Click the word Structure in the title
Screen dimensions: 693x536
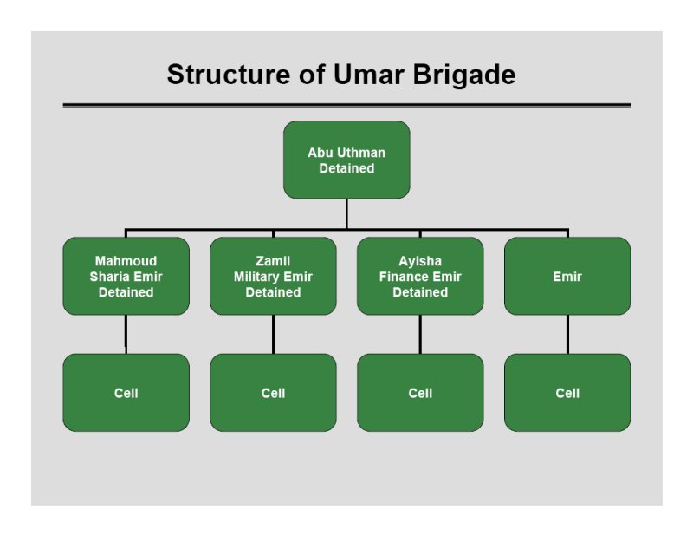click(229, 74)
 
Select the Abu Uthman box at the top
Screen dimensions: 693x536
click(346, 160)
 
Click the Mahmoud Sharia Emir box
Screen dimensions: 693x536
click(126, 276)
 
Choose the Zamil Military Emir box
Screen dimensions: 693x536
click(273, 276)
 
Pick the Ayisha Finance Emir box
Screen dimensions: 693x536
click(420, 276)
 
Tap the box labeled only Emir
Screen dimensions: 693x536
click(567, 276)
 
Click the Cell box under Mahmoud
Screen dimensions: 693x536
click(126, 393)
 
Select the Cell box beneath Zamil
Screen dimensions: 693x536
click(273, 393)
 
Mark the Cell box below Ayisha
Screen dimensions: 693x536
click(420, 393)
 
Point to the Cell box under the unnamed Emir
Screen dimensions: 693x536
click(567, 393)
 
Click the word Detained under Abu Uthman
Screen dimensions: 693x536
click(346, 168)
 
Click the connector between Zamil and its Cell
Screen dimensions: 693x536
click(273, 334)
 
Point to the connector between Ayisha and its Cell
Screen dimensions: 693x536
click(420, 334)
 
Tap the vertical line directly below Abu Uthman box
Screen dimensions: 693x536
click(346, 213)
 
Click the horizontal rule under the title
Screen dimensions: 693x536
click(346, 105)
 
